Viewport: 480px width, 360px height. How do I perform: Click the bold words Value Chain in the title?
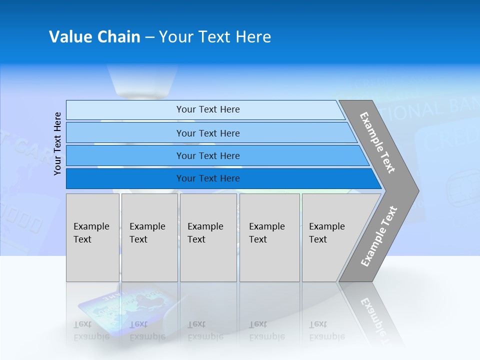point(94,37)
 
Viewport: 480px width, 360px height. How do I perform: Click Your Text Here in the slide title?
point(215,37)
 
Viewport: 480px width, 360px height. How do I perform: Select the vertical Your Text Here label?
point(57,143)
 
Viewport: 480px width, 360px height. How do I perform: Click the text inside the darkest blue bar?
point(208,178)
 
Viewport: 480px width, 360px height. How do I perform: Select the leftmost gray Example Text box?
point(92,237)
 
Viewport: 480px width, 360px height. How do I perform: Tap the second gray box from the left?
point(149,237)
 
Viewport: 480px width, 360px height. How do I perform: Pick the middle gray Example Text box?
point(208,237)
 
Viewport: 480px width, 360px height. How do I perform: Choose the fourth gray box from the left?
point(269,237)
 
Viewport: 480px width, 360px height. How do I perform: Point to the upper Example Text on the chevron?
point(377,142)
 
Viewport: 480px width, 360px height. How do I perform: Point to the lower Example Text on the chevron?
point(378,236)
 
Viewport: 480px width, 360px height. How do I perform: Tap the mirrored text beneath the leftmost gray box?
point(91,330)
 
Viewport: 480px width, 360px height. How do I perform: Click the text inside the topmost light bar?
point(208,109)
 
